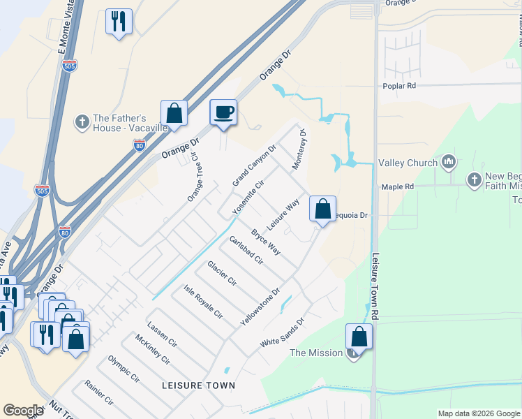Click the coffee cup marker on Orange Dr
223,112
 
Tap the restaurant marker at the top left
119,22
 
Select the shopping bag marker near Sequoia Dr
322,209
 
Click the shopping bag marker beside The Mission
359,337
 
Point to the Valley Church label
408,163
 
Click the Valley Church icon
448,163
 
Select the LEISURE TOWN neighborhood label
198,385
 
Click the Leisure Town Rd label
375,286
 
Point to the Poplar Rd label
399,86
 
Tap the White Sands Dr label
283,333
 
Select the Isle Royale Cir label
202,302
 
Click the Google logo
23,411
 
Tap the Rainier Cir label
98,392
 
